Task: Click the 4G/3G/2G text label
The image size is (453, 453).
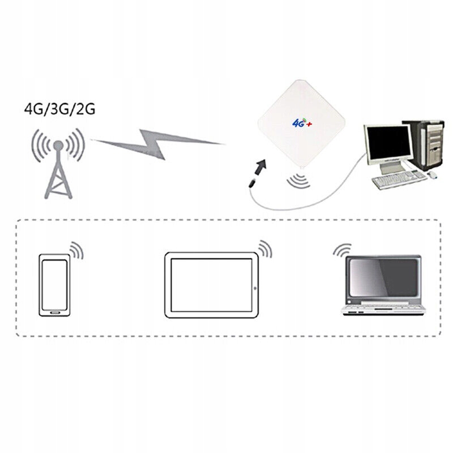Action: click(x=59, y=109)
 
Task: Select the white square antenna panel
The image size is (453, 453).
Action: click(x=300, y=127)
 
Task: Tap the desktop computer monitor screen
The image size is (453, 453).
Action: click(x=388, y=143)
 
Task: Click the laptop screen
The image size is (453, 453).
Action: click(x=384, y=277)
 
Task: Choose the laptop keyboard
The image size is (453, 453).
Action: click(x=384, y=306)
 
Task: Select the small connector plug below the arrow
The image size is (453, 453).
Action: click(x=251, y=182)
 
